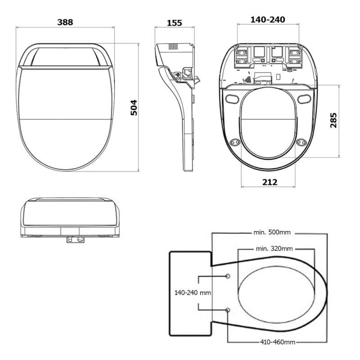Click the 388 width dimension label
[x=65, y=22]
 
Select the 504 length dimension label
[x=134, y=107]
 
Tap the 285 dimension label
[x=333, y=121]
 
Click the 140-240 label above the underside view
[x=268, y=19]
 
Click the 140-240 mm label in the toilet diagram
[x=193, y=292]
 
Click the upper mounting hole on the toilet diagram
[x=228, y=275]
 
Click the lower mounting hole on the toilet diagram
[x=228, y=310]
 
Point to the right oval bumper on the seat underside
[x=304, y=99]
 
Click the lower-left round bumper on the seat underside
[x=234, y=142]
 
